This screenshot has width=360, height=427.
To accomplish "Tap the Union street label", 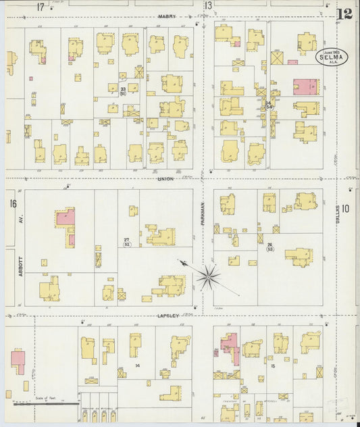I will (165, 178).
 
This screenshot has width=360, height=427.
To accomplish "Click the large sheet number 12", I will (345, 13).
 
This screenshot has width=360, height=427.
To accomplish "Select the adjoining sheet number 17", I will (41, 7).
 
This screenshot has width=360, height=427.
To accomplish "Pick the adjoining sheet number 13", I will (209, 6).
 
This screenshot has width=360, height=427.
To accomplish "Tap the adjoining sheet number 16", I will (13, 203).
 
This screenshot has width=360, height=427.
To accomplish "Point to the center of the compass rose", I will (209, 275).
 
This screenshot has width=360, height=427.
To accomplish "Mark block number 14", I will (137, 365).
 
